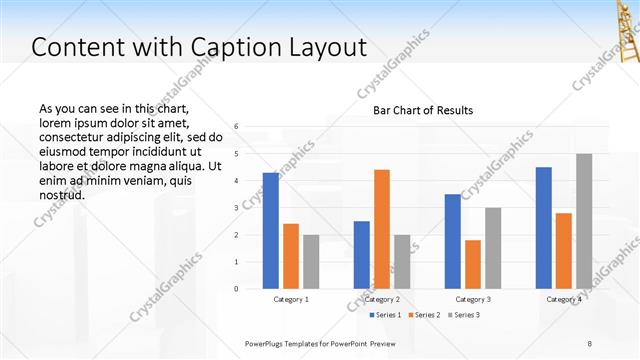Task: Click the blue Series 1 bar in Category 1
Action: coord(271,231)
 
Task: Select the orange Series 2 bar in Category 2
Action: coord(382,229)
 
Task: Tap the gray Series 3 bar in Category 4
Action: coord(584,221)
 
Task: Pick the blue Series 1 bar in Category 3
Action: coord(453,241)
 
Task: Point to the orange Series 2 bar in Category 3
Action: coord(473,264)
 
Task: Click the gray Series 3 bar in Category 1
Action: coord(311,262)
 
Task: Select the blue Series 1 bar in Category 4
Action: coord(544,228)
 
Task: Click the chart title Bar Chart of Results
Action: coord(423,110)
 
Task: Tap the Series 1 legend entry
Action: coord(388,315)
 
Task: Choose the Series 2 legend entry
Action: coord(426,315)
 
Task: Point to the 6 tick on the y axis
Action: coord(235,127)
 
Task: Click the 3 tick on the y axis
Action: coord(235,208)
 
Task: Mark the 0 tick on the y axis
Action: coord(235,289)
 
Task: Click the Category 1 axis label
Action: coord(291,299)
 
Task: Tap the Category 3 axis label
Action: coord(473,299)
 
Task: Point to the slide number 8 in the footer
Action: coord(590,343)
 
